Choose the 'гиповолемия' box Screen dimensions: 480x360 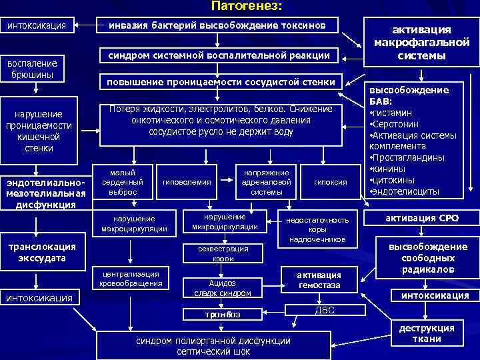(186, 182)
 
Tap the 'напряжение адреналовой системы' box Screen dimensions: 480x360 (266, 182)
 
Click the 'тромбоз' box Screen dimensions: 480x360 (223, 314)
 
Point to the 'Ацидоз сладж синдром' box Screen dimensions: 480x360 (223, 287)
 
